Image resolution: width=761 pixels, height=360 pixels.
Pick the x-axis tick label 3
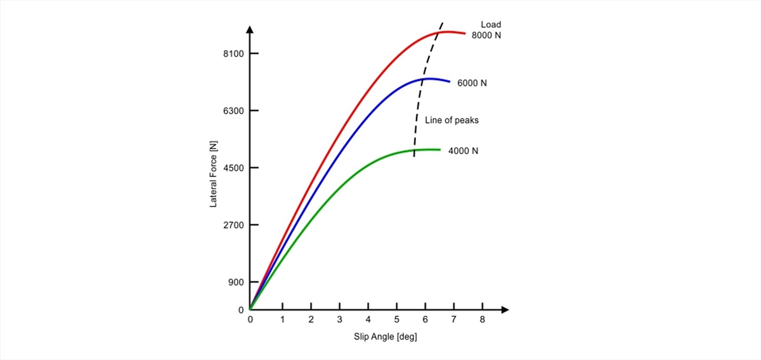[x=340, y=320]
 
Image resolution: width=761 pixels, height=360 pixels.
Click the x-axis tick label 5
[x=397, y=320]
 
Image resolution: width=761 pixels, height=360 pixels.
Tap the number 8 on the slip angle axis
[x=483, y=320]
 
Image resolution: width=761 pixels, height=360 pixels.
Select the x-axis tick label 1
[x=282, y=320]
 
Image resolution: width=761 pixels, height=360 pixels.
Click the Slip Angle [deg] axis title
[x=385, y=337]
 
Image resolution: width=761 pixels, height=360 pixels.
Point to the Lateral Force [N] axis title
[x=214, y=174]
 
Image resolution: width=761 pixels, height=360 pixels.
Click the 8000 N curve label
[x=486, y=35]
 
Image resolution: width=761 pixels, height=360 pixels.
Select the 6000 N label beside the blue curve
[x=472, y=83]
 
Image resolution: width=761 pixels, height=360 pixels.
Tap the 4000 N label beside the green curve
[x=463, y=151]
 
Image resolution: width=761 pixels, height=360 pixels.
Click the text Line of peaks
[x=452, y=120]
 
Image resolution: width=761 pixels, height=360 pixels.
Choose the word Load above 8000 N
[x=491, y=25]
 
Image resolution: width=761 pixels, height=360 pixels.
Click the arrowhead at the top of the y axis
[x=250, y=30]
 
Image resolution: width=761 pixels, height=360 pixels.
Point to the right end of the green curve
[x=440, y=150]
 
